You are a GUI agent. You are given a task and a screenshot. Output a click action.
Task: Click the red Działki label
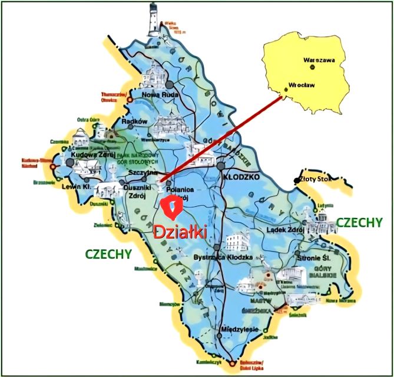pos(180,232)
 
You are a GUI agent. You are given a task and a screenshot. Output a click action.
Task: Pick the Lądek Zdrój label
pos(284,229)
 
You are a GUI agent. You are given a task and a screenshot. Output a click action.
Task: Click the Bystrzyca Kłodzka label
pos(223,257)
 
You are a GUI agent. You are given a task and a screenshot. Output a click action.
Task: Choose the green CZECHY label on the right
pos(359,222)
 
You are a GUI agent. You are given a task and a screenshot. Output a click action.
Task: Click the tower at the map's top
pos(155,19)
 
